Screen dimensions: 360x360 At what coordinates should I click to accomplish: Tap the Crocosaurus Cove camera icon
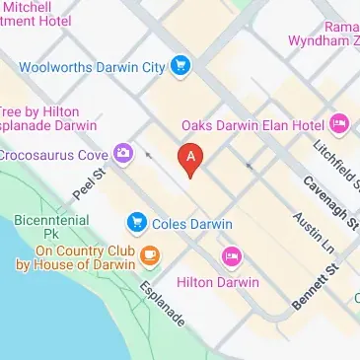coord(122,153)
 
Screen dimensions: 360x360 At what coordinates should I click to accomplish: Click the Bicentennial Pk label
coord(52,228)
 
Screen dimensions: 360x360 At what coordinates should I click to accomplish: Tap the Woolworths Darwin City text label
coord(95,67)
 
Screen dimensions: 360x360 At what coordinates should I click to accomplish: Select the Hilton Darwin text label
coord(217,282)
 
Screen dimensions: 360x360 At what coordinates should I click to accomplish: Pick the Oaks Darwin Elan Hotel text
coord(253,125)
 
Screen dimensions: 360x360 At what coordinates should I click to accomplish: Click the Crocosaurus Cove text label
coord(54,154)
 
